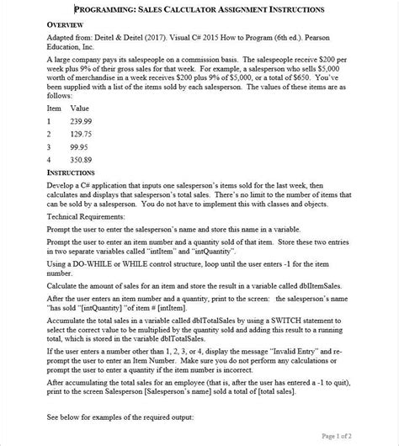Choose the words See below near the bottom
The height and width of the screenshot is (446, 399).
click(68, 417)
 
